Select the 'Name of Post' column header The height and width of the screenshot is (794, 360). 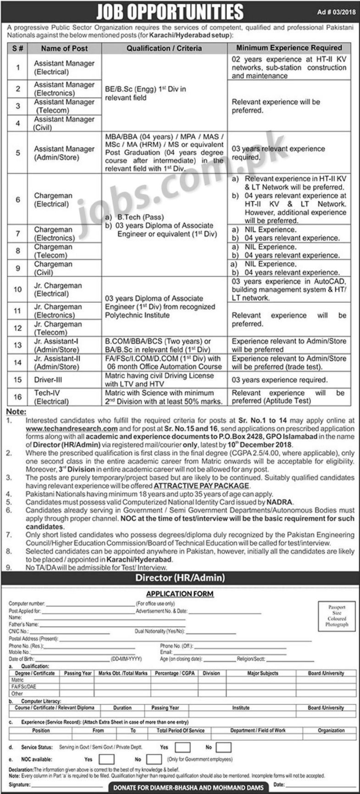click(64, 48)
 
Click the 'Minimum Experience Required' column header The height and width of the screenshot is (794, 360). click(289, 48)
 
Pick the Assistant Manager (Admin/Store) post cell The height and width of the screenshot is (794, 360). click(64, 153)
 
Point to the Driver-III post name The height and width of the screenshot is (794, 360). click(48, 380)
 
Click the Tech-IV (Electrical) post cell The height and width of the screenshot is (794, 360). click(51, 397)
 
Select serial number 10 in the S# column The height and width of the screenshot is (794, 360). click(18, 289)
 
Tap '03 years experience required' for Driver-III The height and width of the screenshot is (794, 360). click(279, 380)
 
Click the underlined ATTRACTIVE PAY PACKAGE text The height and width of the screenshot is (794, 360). click(202, 485)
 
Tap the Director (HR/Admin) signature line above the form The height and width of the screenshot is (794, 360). click(180, 578)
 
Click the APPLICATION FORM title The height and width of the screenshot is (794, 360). click(180, 594)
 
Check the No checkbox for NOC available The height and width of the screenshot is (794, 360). click(155, 759)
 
